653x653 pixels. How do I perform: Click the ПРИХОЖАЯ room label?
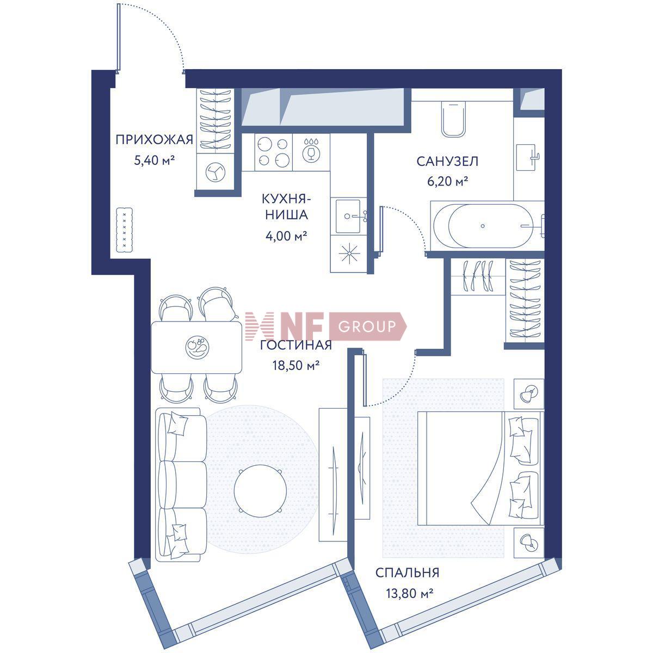154,140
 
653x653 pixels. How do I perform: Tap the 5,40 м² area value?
154,161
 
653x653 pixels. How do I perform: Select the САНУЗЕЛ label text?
447,161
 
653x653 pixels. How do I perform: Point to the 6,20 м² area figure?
447,182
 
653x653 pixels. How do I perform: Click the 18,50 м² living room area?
296,365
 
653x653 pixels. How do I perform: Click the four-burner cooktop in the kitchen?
274,152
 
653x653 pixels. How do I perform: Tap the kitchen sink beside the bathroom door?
349,216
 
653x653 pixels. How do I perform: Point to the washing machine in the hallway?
215,171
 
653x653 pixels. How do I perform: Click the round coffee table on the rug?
260,491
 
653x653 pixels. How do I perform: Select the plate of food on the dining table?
197,346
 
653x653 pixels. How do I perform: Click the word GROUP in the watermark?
367,326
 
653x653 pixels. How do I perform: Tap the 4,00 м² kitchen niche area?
286,236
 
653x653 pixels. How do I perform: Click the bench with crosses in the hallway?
125,230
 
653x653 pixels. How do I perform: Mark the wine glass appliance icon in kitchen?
311,152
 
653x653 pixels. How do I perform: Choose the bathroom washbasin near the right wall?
527,157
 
